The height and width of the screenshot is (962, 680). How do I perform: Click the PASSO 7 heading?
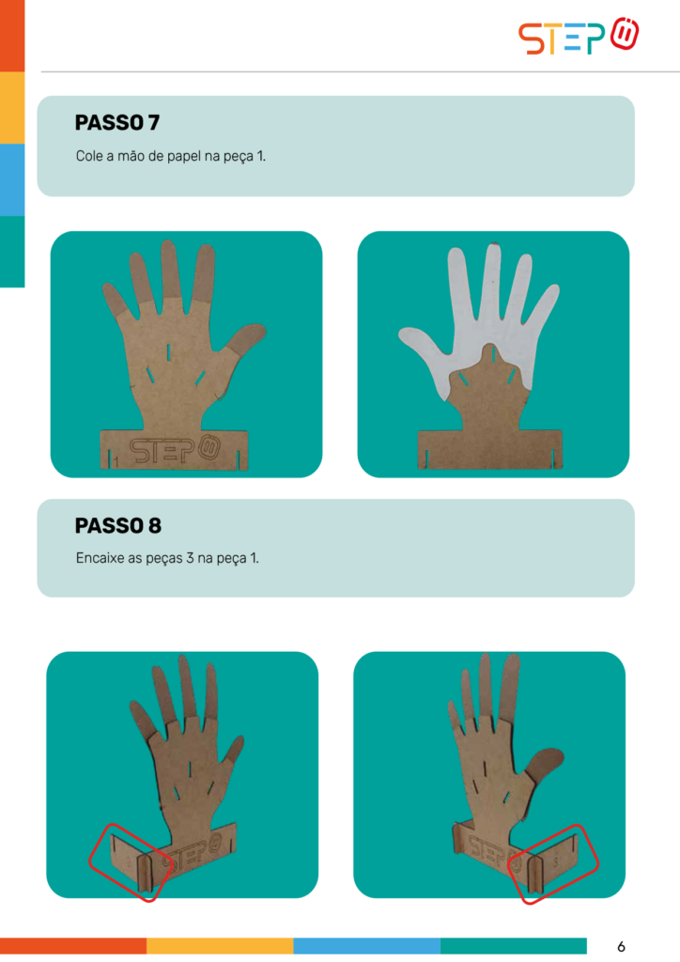pos(117,123)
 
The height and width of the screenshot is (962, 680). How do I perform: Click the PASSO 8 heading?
pos(117,526)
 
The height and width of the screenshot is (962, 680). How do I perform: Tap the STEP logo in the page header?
pos(579,37)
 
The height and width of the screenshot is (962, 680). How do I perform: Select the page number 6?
pos(621,946)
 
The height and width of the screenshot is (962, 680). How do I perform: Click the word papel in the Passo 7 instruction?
pos(184,157)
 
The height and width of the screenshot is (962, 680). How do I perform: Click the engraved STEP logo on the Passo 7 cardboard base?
pos(174,450)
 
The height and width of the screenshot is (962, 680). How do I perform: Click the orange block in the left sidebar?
pos(12,36)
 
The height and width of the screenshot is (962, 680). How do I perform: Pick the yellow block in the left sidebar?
pos(12,107)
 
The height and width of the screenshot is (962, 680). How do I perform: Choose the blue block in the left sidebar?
pos(12,179)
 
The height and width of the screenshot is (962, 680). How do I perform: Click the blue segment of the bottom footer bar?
pos(366,945)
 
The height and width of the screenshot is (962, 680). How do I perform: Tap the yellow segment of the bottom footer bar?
pos(220,945)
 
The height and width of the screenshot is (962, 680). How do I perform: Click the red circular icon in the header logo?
pos(625,34)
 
